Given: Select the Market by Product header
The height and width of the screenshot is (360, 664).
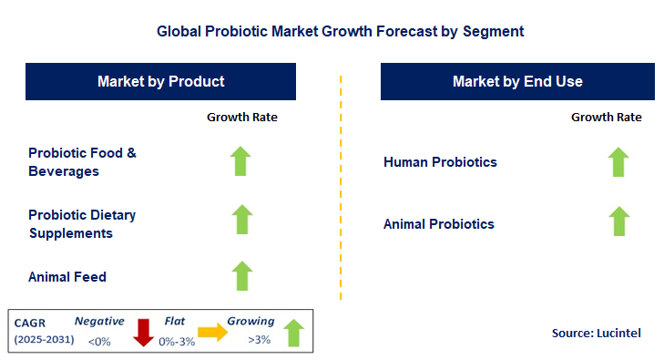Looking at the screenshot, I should [161, 81].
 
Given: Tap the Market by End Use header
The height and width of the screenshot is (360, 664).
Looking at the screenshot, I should [517, 81].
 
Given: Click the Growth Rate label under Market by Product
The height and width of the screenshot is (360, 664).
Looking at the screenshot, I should [242, 117].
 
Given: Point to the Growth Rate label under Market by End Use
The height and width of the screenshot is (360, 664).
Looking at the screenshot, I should [607, 117].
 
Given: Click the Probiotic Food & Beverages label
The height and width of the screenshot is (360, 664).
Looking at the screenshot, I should [82, 162].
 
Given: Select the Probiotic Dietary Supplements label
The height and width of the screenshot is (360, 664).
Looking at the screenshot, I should [82, 224].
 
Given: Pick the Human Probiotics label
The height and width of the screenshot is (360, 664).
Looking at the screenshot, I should [441, 162].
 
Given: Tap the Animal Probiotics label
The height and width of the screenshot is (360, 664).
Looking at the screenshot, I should [439, 223].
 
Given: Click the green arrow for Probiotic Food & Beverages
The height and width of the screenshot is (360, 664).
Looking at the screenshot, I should [240, 161].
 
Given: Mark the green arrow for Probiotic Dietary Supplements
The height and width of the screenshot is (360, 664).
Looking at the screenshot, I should [240, 220].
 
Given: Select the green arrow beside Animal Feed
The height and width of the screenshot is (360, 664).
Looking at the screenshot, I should [240, 275].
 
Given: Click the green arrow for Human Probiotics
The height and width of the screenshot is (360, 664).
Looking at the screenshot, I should [618, 161].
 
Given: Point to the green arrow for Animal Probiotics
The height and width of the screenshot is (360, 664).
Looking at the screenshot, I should [618, 221].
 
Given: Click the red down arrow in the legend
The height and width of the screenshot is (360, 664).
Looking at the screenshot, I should [143, 332].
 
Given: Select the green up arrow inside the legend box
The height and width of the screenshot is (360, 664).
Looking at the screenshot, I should [293, 332].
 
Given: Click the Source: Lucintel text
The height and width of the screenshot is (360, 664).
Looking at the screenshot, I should [596, 334].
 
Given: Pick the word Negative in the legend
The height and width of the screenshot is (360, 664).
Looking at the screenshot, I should [99, 321].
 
